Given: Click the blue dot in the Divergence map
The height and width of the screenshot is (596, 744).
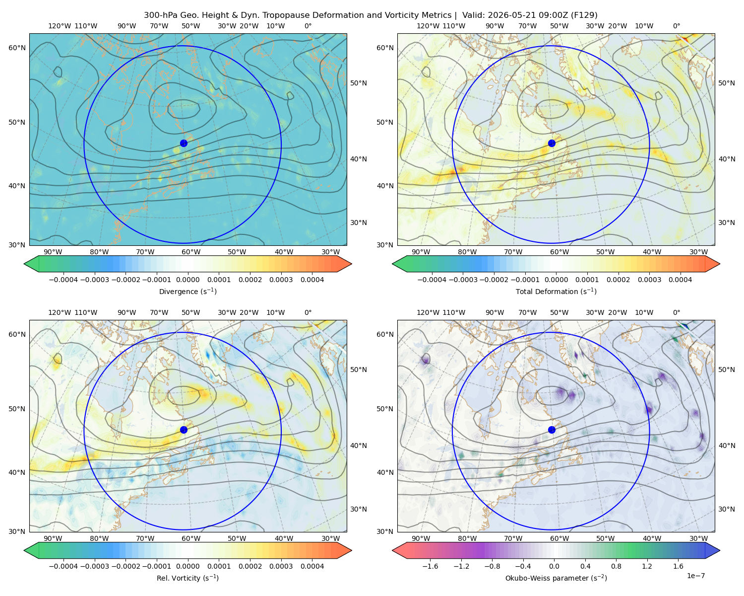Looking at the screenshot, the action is coord(184,144).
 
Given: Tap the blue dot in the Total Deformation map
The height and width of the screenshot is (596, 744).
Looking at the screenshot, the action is coord(552,144).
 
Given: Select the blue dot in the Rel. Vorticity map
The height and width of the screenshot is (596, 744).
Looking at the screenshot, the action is coord(184,430).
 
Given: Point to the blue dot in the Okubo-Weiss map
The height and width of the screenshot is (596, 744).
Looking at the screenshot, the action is coord(552,430).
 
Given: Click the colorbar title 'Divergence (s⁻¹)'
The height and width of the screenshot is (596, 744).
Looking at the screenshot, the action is coord(187,292).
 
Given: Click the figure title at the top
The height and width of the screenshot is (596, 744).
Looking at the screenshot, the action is coord(371,15).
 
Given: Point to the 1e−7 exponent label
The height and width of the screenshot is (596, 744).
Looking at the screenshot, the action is coord(695,576).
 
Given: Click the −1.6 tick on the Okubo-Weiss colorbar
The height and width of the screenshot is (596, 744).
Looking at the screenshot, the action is coord(430,566).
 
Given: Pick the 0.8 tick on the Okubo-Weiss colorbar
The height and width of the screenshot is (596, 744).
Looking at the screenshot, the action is coord(616,566).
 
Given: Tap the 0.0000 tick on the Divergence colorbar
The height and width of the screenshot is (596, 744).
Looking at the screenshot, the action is coord(187,280).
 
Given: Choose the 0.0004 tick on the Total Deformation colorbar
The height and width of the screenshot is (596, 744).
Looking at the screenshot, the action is coord(680,280).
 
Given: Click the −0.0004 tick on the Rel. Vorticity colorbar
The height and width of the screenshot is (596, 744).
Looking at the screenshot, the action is coord(63,566).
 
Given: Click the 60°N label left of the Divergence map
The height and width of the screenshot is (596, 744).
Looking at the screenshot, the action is coord(17,48).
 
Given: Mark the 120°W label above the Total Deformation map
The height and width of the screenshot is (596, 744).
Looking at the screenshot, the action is coord(428,26).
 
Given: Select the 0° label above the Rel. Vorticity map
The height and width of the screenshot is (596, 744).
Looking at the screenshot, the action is coord(308,312).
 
